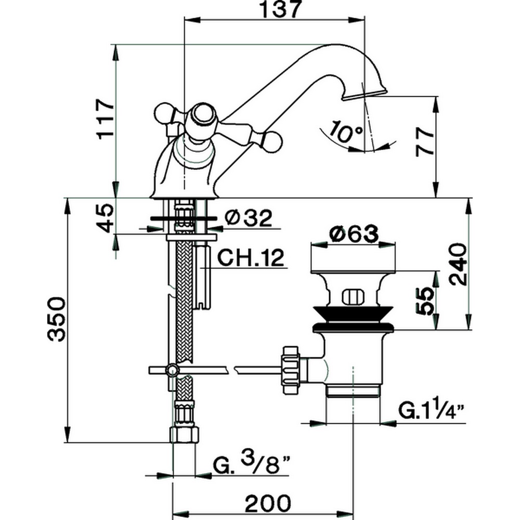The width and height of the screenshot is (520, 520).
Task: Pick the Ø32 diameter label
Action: pyautogui.click(x=249, y=219)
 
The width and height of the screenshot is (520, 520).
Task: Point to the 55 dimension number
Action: pyautogui.click(x=425, y=300)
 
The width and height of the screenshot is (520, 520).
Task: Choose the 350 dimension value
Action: pyautogui.click(x=56, y=318)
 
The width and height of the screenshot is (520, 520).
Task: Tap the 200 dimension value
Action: pyautogui.click(x=268, y=503)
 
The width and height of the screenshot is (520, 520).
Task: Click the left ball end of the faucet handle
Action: pyautogui.click(x=162, y=113)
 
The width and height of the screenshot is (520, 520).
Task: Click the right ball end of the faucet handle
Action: pyautogui.click(x=272, y=140)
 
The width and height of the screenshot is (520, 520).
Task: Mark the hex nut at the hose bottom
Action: pyautogui.click(x=185, y=434)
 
